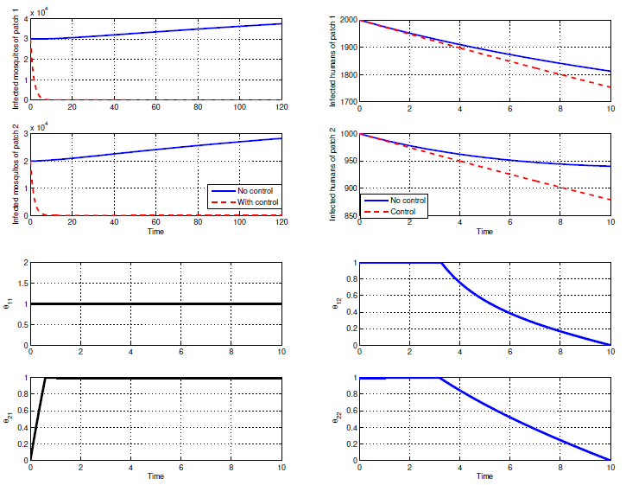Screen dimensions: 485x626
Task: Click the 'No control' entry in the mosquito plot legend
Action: tap(250, 190)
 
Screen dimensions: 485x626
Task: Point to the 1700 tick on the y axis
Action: tap(345, 101)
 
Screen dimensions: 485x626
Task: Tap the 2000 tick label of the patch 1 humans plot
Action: tap(345, 19)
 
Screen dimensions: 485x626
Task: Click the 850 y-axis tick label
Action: tap(348, 215)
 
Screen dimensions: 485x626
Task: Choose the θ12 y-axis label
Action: tap(334, 304)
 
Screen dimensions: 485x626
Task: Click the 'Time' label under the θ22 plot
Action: tap(484, 476)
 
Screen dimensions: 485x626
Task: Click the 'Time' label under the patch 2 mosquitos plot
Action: tap(155, 232)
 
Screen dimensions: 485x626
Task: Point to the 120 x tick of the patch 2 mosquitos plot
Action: tap(281, 222)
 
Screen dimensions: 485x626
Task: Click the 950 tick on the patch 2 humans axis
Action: tap(348, 161)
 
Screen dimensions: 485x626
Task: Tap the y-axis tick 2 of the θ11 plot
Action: tap(25, 263)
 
